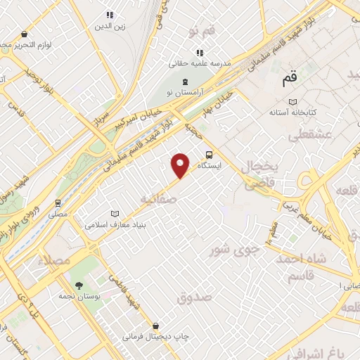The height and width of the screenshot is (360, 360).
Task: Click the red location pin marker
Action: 181,165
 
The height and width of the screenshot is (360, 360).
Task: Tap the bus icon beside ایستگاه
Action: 208,155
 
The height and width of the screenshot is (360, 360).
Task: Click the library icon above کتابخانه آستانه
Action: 293,101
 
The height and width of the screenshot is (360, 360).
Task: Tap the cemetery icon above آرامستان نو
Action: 174,83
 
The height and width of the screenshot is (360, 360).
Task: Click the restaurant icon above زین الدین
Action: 109,15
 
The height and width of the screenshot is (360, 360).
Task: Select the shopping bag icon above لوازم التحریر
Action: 25,34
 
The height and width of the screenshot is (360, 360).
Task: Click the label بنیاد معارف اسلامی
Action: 116,226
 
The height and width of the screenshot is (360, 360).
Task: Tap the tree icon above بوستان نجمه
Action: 79,285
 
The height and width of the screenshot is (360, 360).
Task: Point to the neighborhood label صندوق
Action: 195,297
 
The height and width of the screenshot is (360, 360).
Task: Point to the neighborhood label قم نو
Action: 201,32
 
